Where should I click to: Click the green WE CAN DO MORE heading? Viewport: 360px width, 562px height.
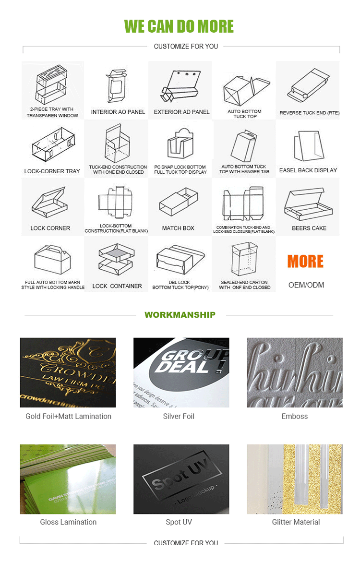click(179, 26)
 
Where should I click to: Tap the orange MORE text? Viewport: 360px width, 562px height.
click(306, 262)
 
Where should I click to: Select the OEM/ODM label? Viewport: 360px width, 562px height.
click(306, 285)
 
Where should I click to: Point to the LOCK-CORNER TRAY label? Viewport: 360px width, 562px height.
click(52, 171)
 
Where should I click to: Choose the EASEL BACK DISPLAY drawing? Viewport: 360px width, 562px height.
click(307, 146)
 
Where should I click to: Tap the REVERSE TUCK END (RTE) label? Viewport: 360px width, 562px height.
click(310, 113)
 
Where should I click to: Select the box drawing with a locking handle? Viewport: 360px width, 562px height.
click(52, 260)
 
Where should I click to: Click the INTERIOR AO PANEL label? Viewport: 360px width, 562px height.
click(118, 112)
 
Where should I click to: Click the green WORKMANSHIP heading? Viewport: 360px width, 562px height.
click(180, 315)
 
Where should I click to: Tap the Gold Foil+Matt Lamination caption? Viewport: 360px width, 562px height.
click(68, 417)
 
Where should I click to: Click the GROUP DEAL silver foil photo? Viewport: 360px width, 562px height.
click(181, 372)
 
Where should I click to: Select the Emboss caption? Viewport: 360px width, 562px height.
click(295, 417)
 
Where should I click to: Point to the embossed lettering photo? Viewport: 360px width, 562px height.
click(295, 372)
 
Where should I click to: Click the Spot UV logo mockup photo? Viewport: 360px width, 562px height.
click(181, 478)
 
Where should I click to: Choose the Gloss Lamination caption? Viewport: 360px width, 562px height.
click(68, 522)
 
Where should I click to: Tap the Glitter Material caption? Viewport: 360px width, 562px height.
click(296, 522)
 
